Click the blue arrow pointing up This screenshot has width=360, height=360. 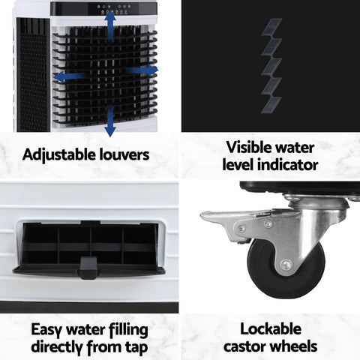110,27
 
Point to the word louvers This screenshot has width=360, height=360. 127,155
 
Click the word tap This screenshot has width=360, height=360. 134,346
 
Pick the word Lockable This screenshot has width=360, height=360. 271,329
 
